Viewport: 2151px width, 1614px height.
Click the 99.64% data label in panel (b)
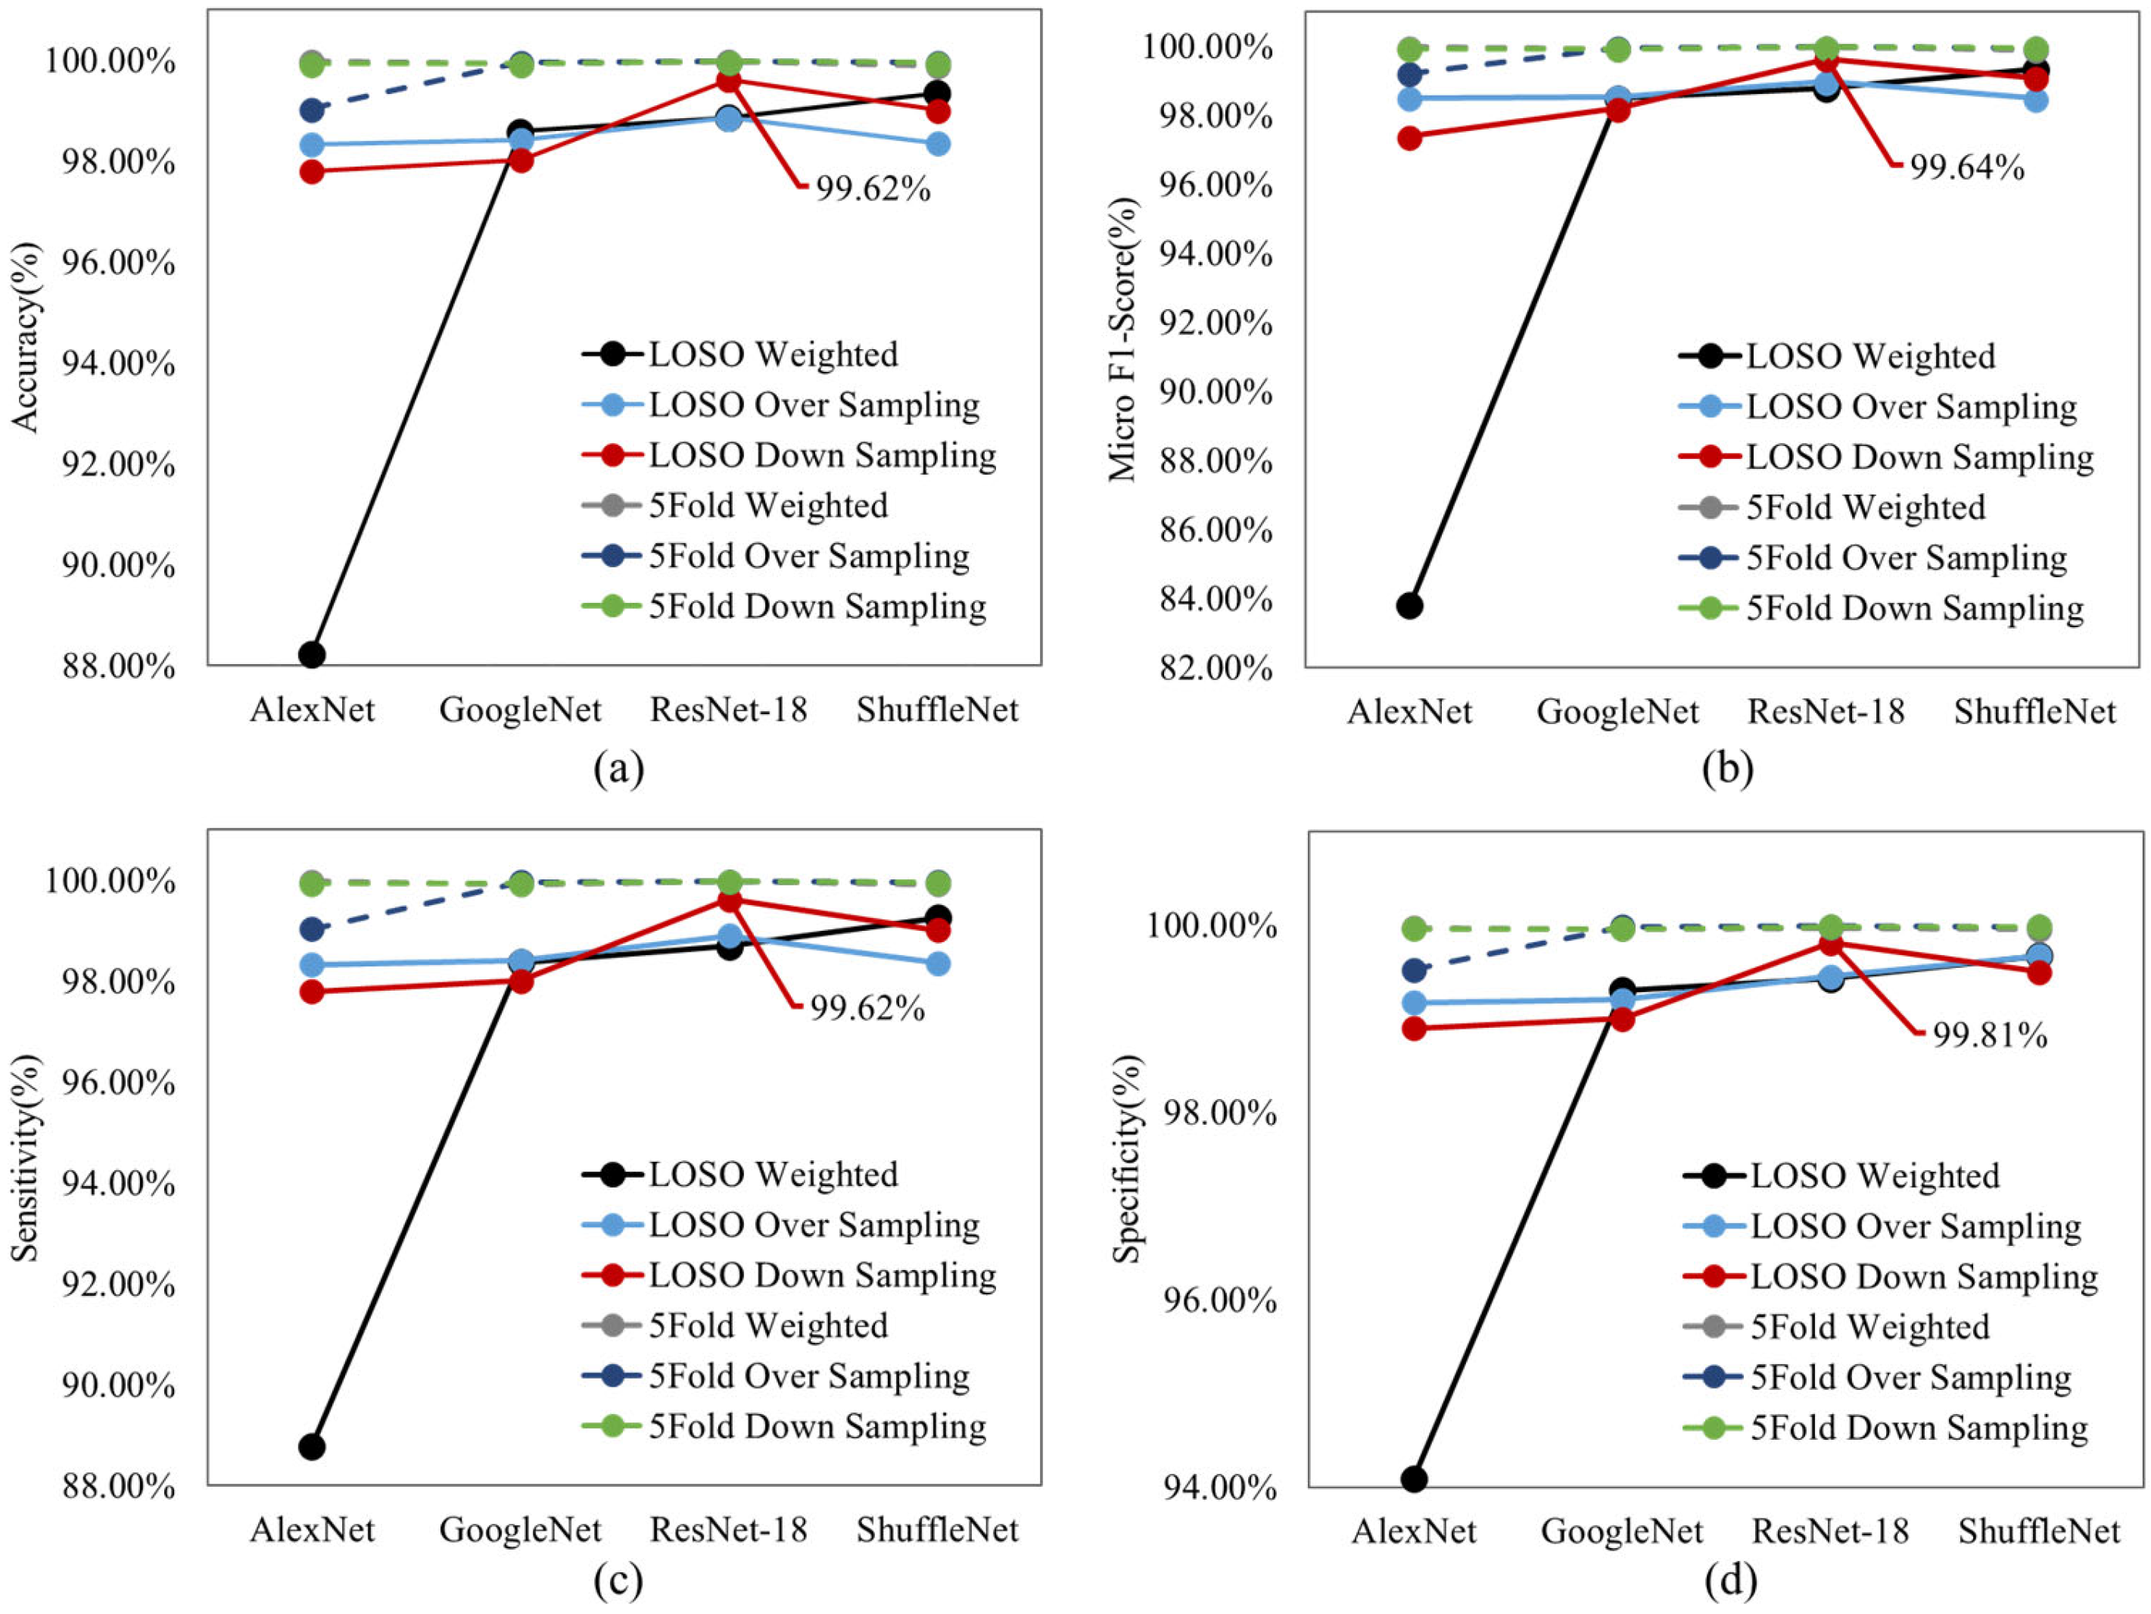pyautogui.click(x=1966, y=167)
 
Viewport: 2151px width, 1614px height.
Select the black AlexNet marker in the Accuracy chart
pyautogui.click(x=312, y=654)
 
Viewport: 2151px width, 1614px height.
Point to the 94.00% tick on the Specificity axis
pyautogui.click(x=1219, y=1488)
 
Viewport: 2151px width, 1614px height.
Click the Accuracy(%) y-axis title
pyautogui.click(x=26, y=336)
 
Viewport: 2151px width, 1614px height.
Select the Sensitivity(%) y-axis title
pyautogui.click(x=26, y=1158)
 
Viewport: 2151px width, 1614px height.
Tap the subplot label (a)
pyautogui.click(x=618, y=769)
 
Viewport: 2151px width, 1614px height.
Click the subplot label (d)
pyautogui.click(x=1730, y=1581)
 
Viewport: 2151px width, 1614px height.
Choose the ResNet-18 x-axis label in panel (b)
pyautogui.click(x=1826, y=711)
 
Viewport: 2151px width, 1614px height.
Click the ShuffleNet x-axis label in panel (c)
pyautogui.click(x=938, y=1531)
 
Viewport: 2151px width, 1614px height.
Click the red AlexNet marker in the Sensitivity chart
pyautogui.click(x=312, y=991)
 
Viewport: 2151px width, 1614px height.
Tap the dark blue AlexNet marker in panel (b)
pyautogui.click(x=1409, y=74)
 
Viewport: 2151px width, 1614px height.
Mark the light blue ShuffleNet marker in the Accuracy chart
pyautogui.click(x=938, y=144)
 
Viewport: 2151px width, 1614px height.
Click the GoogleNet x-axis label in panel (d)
pyautogui.click(x=1622, y=1532)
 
